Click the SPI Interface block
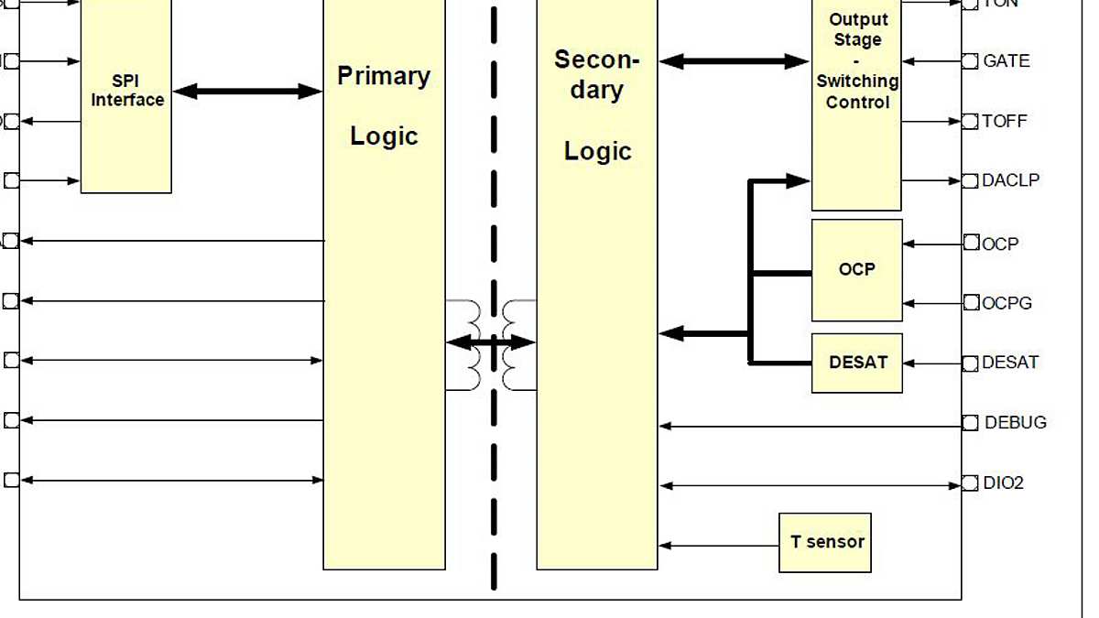(126, 92)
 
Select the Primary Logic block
(384, 275)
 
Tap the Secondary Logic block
(596, 275)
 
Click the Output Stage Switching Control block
(856, 101)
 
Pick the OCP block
(856, 269)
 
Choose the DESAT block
(857, 363)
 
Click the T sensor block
(824, 542)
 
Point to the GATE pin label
(1006, 61)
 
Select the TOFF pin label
(1005, 121)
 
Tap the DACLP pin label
(1010, 180)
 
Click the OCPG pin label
(1007, 303)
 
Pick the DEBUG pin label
(1015, 423)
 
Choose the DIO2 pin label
(1003, 482)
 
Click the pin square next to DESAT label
(970, 363)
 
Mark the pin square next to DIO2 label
(970, 483)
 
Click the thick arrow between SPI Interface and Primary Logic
(247, 91)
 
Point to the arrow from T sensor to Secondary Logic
(718, 546)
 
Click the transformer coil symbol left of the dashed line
(473, 345)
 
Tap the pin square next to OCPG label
(970, 303)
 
